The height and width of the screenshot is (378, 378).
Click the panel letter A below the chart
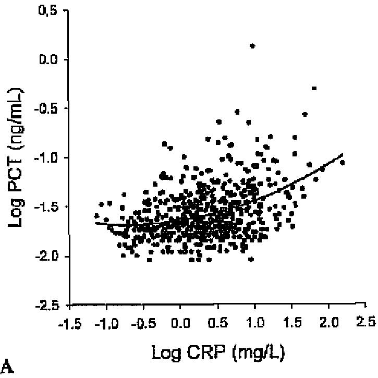coord(7,368)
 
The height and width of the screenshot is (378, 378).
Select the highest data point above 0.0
coord(252,46)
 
